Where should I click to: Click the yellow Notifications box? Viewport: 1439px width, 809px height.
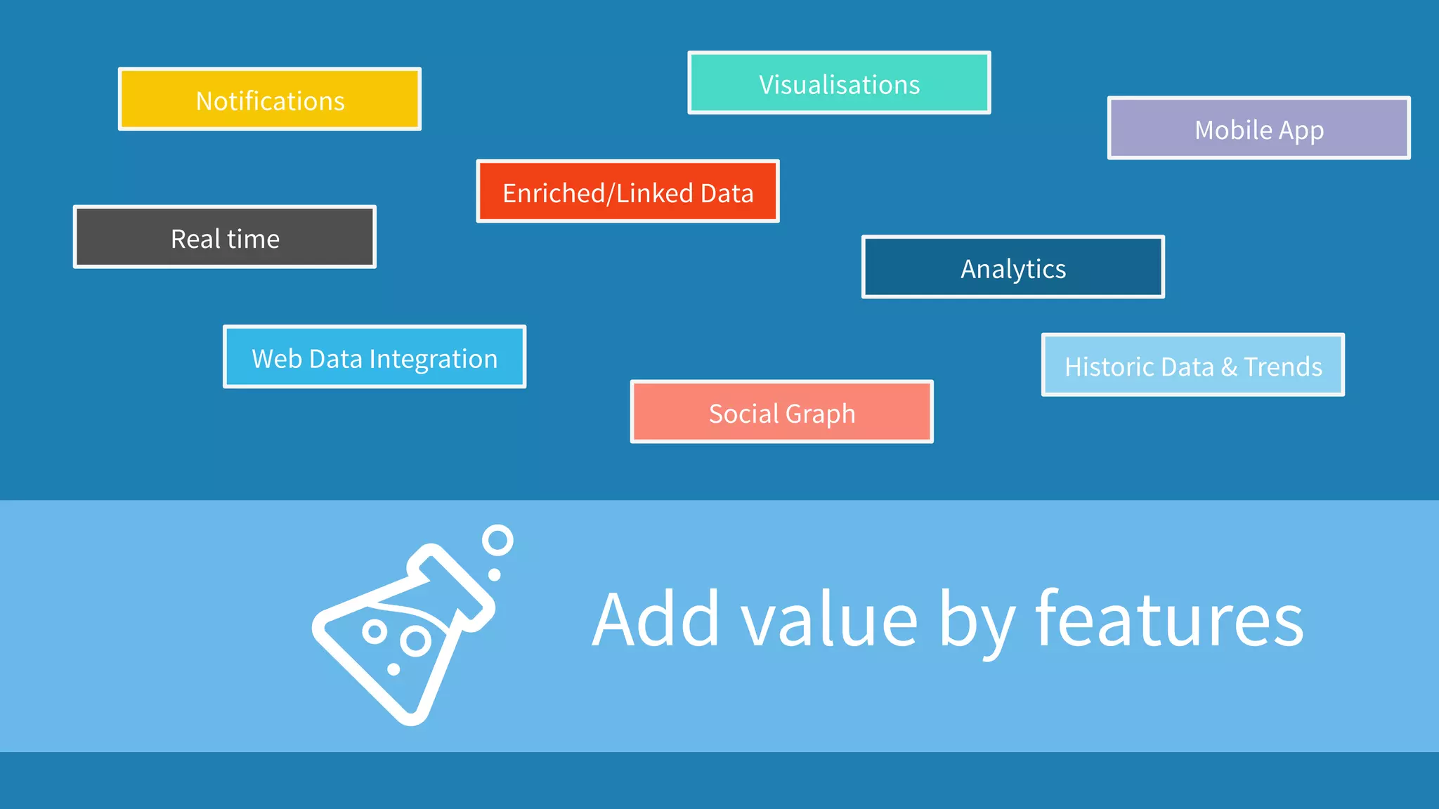(270, 99)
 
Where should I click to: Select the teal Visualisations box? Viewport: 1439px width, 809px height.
(839, 83)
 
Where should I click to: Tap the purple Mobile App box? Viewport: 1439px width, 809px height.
(1258, 129)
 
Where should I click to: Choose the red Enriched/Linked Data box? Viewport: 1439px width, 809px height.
(627, 192)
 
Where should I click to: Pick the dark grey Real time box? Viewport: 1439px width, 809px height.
(225, 237)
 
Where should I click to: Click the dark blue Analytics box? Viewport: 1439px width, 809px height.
(1012, 267)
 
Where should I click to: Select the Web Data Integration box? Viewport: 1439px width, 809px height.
(375, 357)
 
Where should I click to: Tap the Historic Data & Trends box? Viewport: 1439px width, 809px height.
(1192, 365)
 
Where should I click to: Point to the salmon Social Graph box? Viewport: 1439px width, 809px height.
(781, 412)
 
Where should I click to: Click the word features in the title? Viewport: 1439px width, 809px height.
(1169, 619)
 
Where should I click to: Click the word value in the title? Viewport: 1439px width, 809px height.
(829, 619)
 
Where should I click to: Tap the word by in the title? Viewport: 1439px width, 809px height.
(977, 622)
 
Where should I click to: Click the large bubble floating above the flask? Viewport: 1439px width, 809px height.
(497, 541)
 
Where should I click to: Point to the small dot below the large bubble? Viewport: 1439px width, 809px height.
(495, 574)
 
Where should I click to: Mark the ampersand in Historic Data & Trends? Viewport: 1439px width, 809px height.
(1229, 367)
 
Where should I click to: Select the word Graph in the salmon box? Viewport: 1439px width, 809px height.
(820, 414)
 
